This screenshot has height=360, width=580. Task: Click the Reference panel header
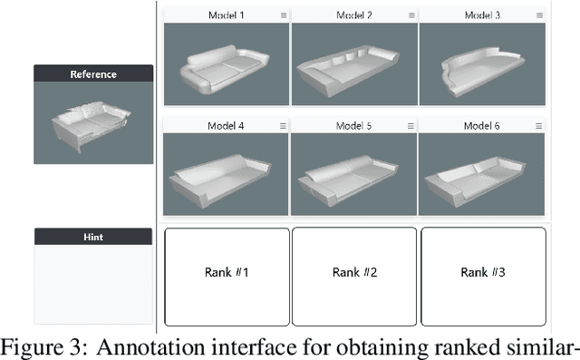tap(93, 74)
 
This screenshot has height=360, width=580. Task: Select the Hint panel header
tap(93, 237)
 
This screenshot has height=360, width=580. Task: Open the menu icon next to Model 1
tap(284, 15)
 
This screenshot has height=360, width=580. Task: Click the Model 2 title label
tap(353, 15)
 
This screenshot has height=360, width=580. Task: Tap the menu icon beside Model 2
tap(411, 15)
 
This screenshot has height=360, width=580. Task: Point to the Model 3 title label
tap(482, 15)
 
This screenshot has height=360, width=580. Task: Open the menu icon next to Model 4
tap(284, 126)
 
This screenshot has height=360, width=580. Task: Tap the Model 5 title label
tap(353, 126)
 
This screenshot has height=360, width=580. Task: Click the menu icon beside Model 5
tap(411, 126)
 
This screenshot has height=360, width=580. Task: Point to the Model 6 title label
tap(482, 126)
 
